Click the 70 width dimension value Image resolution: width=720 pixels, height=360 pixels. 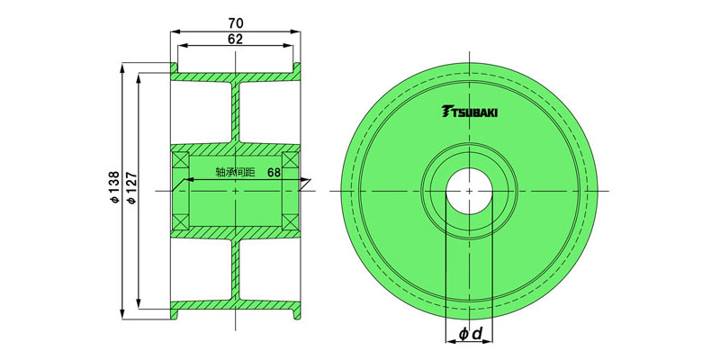pos(235,23)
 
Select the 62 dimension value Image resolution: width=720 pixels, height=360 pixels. pos(235,39)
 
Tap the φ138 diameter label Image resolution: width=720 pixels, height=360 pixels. pos(115,187)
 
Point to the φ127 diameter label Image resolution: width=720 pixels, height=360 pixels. pos(131,187)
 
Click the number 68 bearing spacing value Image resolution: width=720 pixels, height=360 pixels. pos(274,173)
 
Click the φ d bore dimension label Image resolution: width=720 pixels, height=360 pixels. pos(469,334)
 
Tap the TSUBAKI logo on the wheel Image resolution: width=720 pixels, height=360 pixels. pos(469,111)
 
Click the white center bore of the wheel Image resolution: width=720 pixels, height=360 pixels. pos(469,191)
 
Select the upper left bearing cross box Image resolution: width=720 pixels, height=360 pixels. pos(180,159)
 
